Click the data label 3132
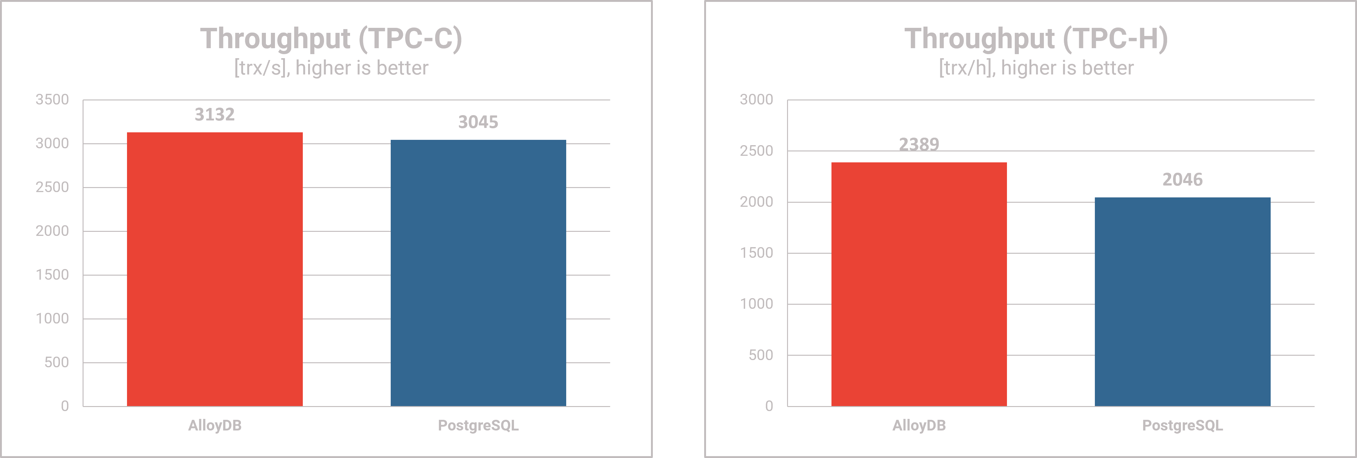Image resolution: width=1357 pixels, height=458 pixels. point(214,114)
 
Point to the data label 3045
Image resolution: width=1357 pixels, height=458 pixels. point(478,122)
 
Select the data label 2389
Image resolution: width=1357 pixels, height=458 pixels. point(919,144)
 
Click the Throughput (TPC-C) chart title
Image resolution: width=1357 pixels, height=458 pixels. point(331,38)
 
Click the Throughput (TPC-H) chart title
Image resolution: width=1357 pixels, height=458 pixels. point(1036,38)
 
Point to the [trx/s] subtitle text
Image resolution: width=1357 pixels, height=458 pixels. point(331,68)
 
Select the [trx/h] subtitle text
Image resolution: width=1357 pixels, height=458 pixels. point(1036,68)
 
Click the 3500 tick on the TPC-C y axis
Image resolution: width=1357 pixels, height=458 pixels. point(52,99)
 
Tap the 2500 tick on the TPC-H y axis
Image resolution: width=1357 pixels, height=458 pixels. point(756,151)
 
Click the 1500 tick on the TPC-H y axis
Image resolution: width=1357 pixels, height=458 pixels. point(756,253)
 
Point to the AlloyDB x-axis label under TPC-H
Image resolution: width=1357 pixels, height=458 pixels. point(919,425)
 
